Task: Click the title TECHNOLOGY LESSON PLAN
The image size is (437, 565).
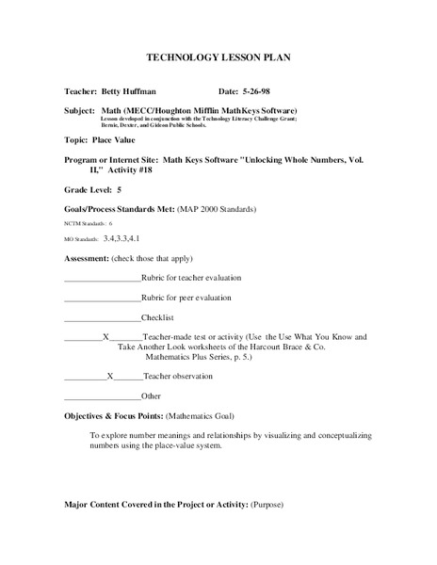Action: (218, 57)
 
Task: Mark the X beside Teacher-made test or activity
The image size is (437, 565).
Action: (105, 337)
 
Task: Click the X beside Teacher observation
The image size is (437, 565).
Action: (110, 376)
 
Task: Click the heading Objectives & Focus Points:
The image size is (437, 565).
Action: (113, 415)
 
